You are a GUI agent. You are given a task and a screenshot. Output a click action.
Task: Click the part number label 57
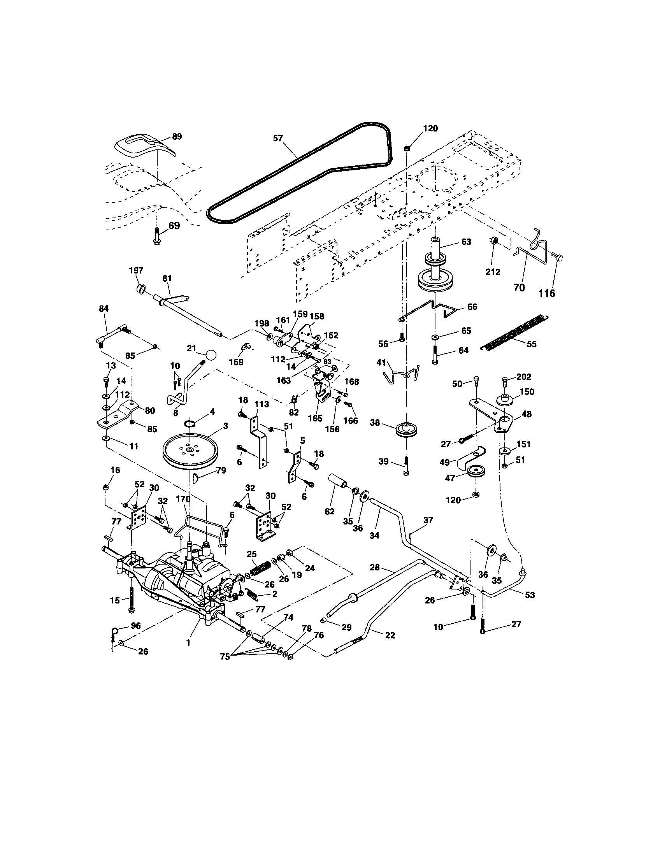(278, 139)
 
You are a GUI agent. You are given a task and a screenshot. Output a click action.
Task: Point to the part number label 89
(177, 137)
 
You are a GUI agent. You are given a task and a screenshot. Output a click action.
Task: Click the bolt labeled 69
(156, 237)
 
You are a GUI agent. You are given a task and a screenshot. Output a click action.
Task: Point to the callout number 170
(183, 499)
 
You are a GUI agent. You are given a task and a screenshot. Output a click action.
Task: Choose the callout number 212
(493, 272)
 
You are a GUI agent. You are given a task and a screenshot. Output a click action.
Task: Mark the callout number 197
(136, 270)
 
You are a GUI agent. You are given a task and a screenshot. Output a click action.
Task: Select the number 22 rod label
(390, 635)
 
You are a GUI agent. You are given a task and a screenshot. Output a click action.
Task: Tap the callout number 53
(530, 595)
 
